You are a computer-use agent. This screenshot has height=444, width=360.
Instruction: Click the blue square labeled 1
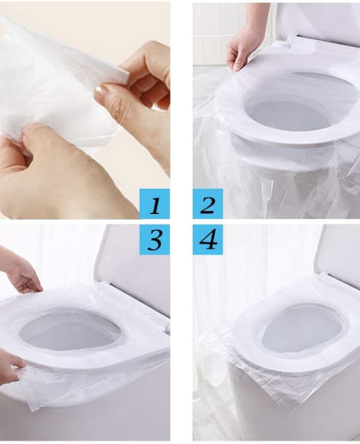[155, 204]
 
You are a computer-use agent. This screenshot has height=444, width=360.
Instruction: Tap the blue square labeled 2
[208, 204]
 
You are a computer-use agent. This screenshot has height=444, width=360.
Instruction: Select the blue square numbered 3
[155, 239]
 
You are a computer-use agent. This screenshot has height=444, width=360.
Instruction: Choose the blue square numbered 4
[208, 239]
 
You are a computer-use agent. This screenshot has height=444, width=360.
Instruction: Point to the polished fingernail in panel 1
[101, 91]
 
